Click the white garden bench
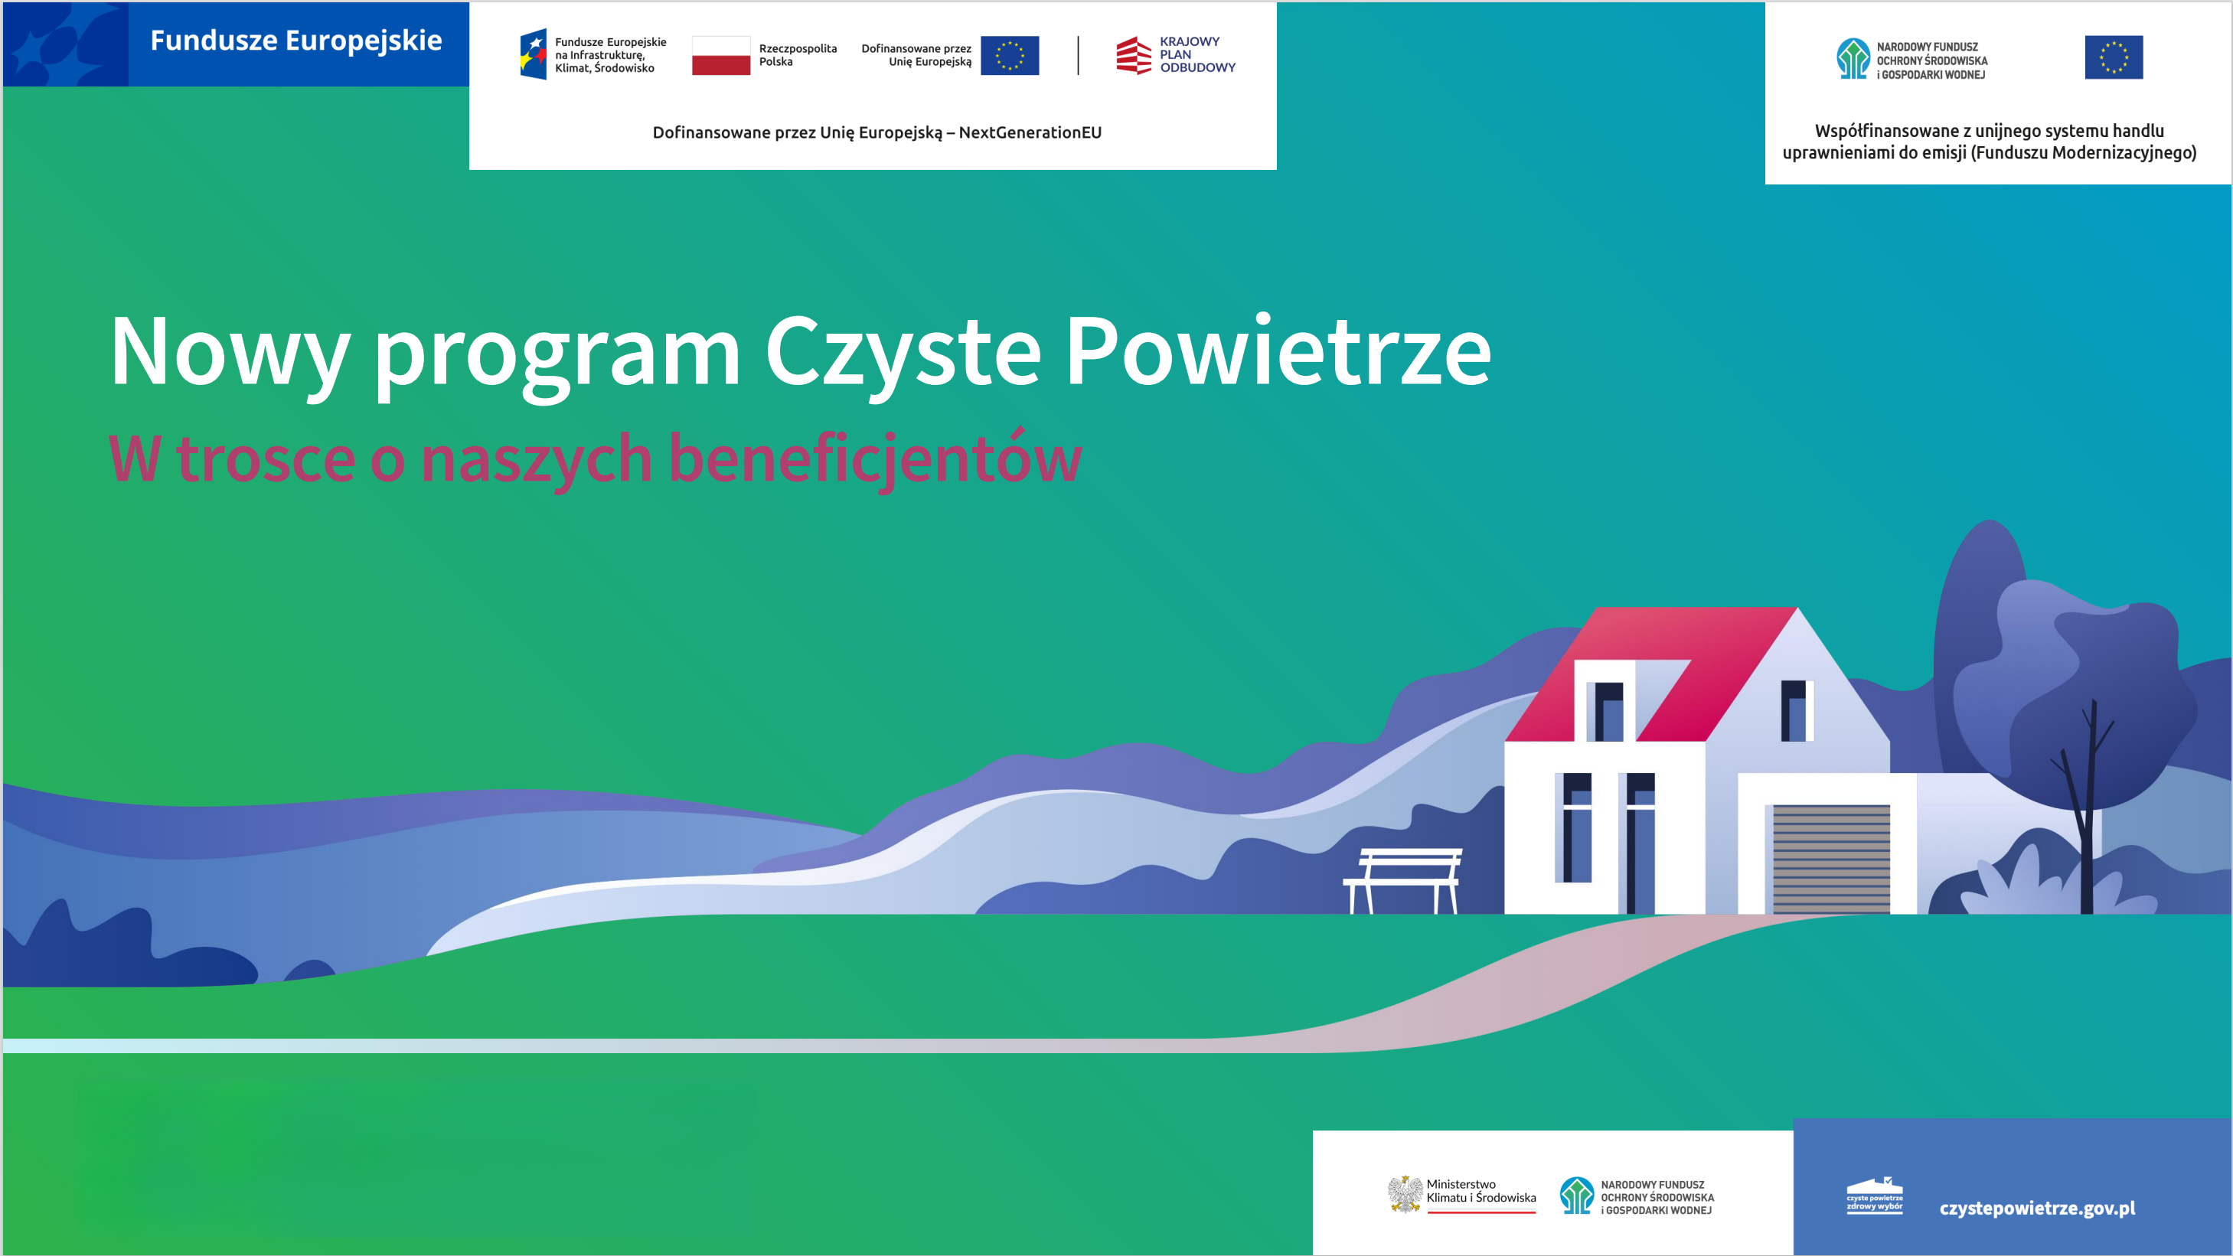[x=1402, y=879]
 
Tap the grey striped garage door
[x=1831, y=858]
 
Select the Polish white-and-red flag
[x=720, y=55]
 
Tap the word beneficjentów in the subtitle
[x=875, y=459]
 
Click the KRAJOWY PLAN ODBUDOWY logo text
[x=1197, y=54]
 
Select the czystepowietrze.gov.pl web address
[x=2037, y=1209]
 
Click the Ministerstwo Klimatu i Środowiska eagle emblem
[x=1404, y=1195]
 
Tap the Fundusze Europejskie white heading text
[x=295, y=41]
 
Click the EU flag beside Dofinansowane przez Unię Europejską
[x=1010, y=55]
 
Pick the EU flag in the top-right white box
[x=2114, y=57]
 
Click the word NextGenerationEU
[x=1030, y=132]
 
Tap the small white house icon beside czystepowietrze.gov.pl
[x=1874, y=1196]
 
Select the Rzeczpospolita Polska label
[x=798, y=55]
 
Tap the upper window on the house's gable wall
[x=1796, y=711]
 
